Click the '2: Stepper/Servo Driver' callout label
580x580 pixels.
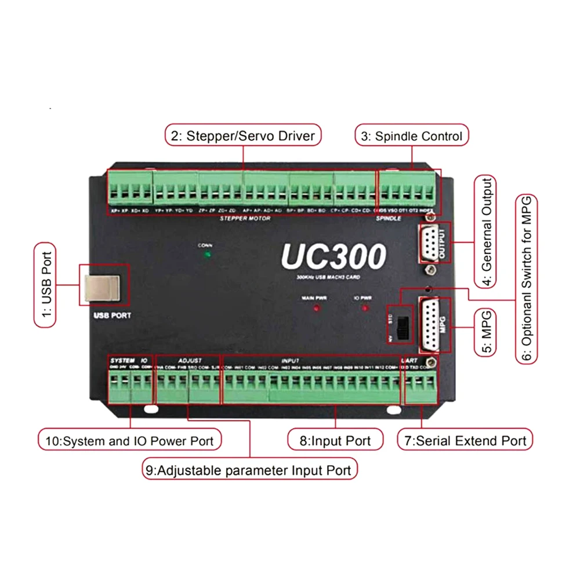tap(243, 136)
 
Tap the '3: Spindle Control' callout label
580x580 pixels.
tap(411, 136)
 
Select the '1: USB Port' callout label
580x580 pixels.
tap(46, 285)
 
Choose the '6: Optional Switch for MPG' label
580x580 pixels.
tap(526, 279)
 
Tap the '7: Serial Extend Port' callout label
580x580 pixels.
tap(465, 440)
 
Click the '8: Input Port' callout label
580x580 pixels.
tap(336, 440)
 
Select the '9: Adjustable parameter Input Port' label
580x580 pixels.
tap(249, 469)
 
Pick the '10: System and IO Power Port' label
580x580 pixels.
tap(130, 440)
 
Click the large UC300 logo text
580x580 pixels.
tap(333, 256)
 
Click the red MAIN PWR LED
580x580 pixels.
tap(317, 307)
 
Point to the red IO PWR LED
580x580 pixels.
tap(365, 307)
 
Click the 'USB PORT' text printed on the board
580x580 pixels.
tap(113, 317)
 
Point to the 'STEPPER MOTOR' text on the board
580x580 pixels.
tap(242, 219)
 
